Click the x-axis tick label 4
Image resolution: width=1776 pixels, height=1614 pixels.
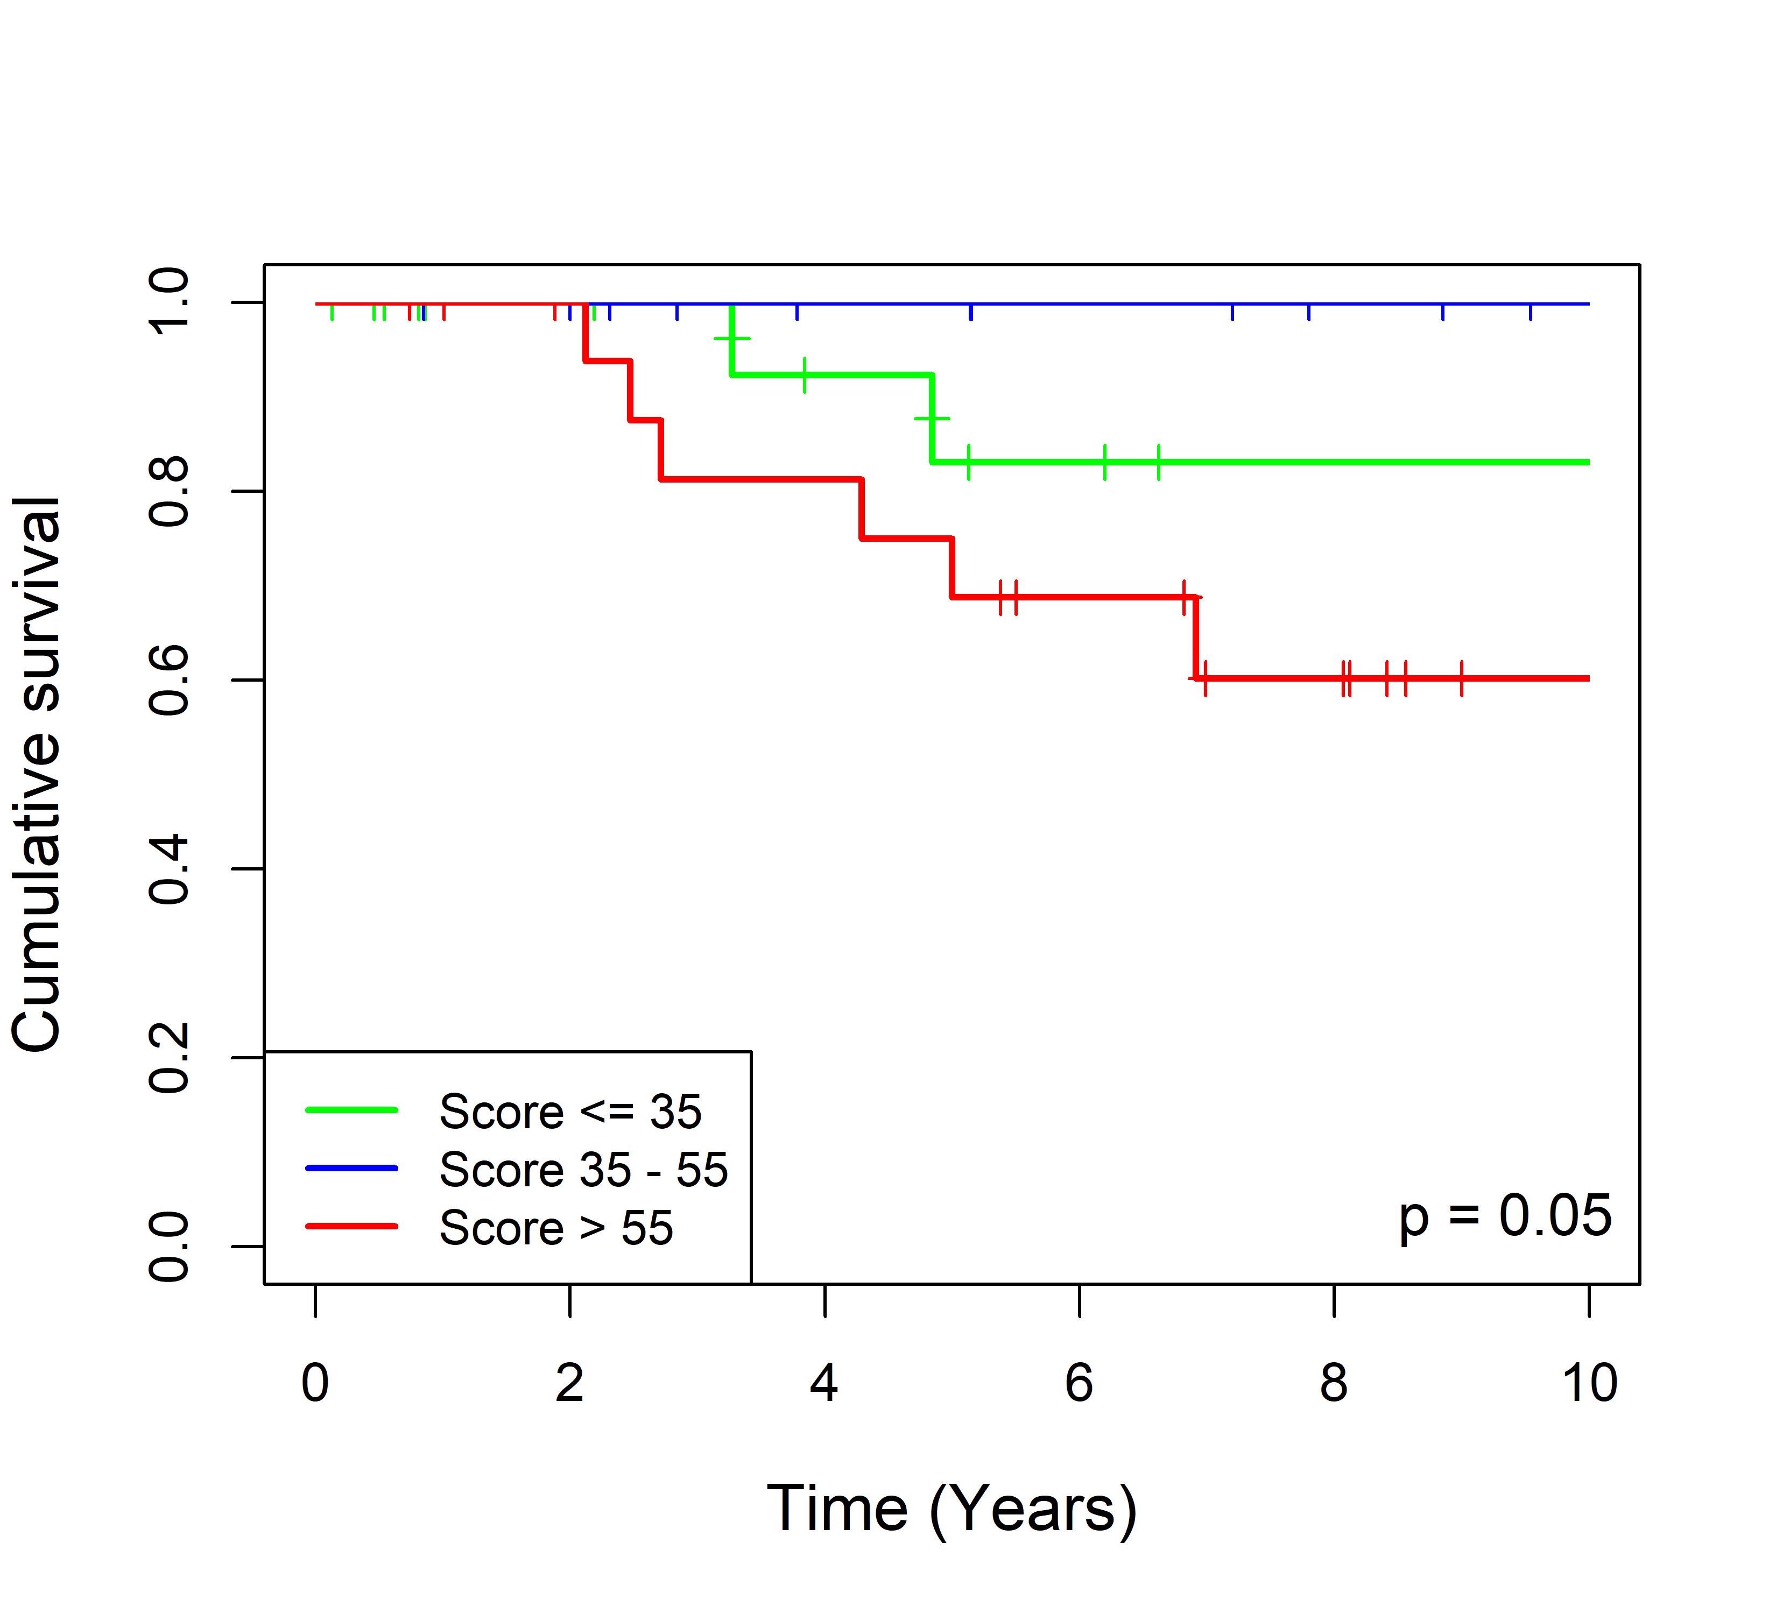coord(824,1383)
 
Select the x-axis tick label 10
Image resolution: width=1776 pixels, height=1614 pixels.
coord(1588,1383)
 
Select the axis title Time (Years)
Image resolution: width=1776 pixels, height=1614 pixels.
coord(952,1509)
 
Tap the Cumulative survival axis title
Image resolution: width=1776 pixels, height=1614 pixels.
coord(37,774)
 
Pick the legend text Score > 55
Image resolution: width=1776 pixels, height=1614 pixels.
coord(556,1228)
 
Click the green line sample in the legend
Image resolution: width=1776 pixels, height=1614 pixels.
coord(351,1110)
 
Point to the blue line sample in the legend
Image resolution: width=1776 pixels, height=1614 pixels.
coord(351,1169)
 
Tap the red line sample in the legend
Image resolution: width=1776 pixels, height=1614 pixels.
coord(351,1227)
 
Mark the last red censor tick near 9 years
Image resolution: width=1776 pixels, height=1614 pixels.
coord(1462,678)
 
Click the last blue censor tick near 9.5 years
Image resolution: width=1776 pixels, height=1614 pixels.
coord(1530,311)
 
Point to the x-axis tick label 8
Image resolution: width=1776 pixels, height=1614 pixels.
coord(1334,1383)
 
